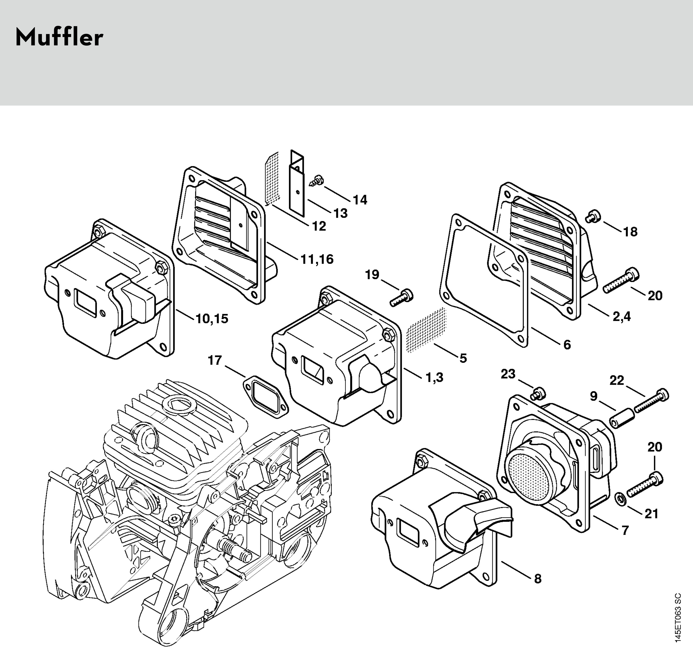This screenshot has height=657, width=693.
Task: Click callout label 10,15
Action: (212, 319)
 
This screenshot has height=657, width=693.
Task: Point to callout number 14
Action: (360, 200)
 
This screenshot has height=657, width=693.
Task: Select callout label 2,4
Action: (622, 316)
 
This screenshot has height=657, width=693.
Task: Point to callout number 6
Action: (567, 345)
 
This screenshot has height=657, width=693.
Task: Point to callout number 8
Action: (538, 579)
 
